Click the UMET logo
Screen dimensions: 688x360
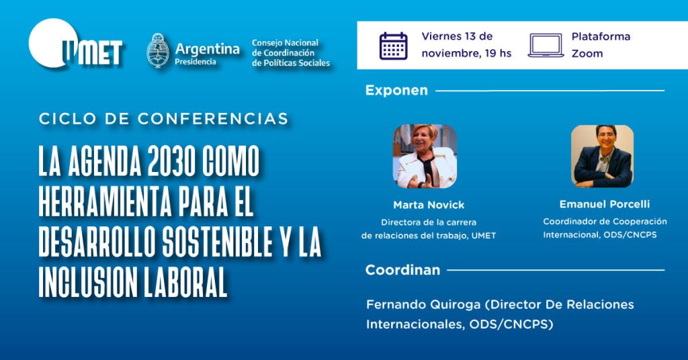(x=75, y=44)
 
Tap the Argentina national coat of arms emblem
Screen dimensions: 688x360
(x=158, y=51)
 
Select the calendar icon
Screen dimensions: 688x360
(x=393, y=46)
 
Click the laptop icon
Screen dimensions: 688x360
(x=546, y=46)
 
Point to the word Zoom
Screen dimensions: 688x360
(x=587, y=54)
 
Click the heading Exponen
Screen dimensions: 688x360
(x=396, y=90)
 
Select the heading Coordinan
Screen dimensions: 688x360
(x=402, y=270)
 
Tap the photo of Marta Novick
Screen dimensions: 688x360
(x=425, y=156)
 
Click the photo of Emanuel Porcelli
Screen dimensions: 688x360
(x=603, y=156)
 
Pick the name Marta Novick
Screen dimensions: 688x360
(x=429, y=205)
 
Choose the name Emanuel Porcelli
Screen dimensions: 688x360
(x=605, y=204)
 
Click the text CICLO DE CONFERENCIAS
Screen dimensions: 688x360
(x=164, y=118)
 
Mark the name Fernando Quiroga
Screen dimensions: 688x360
(x=425, y=305)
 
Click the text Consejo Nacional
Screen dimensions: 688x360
(x=285, y=43)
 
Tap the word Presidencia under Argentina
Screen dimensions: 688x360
(x=196, y=62)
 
